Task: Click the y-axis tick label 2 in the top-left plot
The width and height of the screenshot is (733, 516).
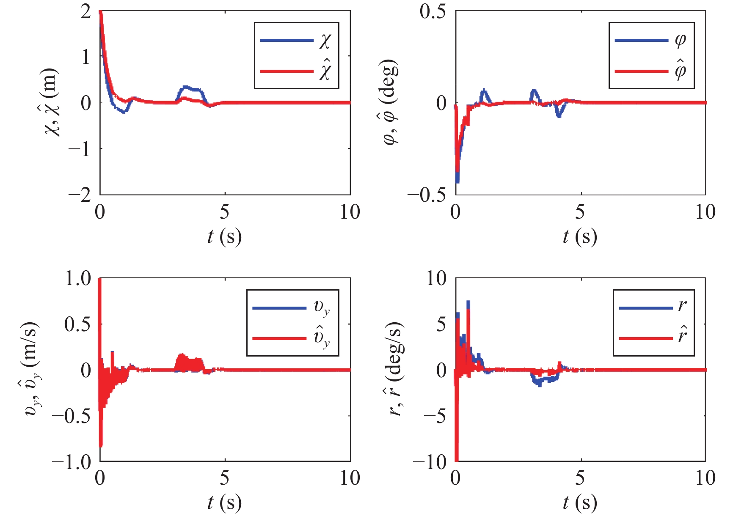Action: (86, 11)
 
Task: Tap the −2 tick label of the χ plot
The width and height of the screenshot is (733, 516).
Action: (80, 195)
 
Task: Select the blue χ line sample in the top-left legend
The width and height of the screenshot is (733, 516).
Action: (286, 41)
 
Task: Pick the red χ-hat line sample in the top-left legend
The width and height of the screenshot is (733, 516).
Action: (286, 71)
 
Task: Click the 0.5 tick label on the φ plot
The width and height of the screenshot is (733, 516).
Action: (433, 11)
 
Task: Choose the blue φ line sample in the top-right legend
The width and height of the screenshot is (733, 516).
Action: (641, 41)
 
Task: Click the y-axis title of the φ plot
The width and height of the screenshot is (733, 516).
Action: (391, 103)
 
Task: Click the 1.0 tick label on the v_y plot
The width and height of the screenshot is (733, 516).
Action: (77, 279)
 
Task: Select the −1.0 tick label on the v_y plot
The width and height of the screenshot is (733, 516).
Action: (72, 461)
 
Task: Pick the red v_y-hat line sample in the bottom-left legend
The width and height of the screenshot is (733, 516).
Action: (279, 338)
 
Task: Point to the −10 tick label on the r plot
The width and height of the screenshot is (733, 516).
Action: (430, 461)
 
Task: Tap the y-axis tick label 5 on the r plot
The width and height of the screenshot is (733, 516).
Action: (441, 324)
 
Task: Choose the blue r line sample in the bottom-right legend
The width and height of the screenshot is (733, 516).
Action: (645, 308)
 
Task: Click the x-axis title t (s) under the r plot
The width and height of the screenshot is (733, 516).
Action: (580, 503)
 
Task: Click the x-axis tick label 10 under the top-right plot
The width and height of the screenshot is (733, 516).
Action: (705, 212)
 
